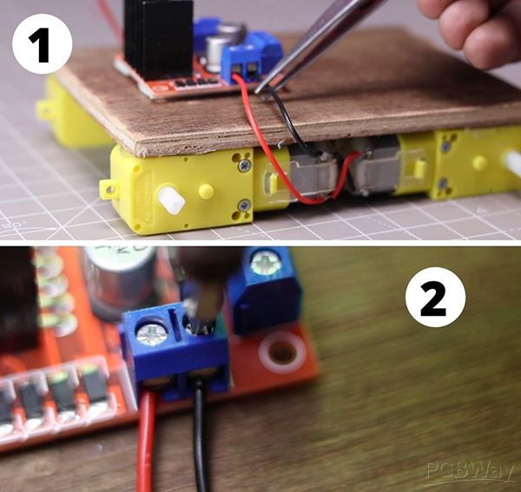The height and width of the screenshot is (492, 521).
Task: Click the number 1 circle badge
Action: tap(43, 44)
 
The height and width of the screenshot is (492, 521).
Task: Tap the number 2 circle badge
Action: tap(435, 297)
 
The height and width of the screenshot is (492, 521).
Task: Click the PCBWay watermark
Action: tap(470, 471)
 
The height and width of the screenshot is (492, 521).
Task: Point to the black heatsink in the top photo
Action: tap(158, 38)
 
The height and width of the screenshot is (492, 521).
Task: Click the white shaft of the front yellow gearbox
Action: tap(171, 200)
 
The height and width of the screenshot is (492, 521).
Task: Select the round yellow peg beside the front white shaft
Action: tap(206, 192)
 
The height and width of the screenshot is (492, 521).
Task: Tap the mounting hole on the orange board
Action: tap(282, 352)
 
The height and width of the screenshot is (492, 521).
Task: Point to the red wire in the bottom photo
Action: tap(148, 442)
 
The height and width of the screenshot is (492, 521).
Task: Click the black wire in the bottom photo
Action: tap(201, 438)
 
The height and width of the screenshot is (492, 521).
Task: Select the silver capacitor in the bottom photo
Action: tap(118, 282)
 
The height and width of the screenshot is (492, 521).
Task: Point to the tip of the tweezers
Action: tap(256, 91)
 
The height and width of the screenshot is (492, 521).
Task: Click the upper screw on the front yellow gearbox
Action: tap(245, 165)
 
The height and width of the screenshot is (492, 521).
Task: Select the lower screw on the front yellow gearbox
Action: tap(244, 206)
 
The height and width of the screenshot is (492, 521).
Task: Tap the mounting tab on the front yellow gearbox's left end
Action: tap(108, 189)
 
